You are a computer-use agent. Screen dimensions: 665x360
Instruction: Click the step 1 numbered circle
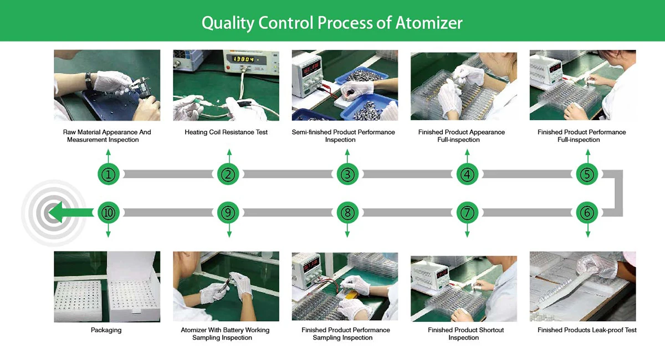(110, 174)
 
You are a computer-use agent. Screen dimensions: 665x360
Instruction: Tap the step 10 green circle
(109, 212)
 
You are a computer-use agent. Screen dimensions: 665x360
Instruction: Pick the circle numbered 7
(467, 212)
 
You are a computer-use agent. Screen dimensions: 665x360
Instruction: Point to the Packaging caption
(106, 330)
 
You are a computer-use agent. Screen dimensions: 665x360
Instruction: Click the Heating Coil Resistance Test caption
(226, 132)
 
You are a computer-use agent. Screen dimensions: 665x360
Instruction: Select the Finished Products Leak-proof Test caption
(587, 330)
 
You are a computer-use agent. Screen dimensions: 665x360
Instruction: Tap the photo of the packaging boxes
(107, 286)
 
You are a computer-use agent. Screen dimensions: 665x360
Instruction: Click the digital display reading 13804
(243, 59)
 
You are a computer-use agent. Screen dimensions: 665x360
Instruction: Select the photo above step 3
(345, 85)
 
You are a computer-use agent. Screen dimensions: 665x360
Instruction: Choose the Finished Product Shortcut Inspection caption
(466, 334)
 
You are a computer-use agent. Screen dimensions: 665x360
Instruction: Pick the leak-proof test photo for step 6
(582, 286)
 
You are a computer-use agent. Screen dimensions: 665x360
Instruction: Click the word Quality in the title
(227, 23)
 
